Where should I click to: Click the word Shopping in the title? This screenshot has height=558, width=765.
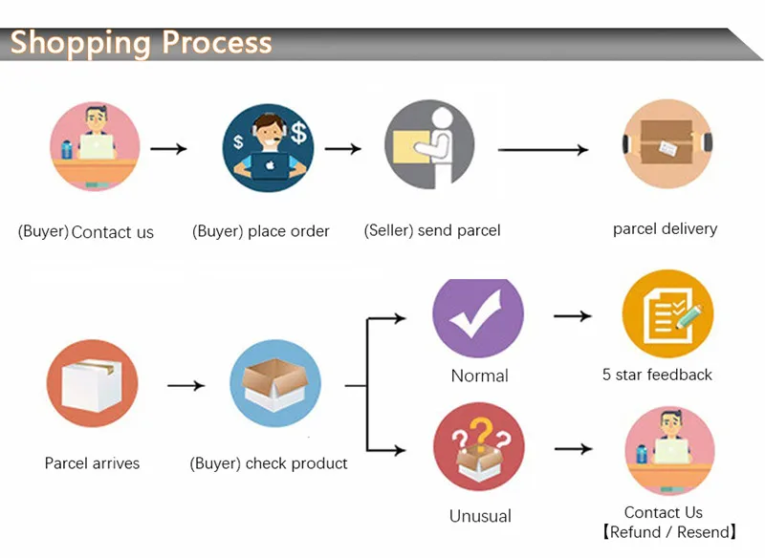click(80, 43)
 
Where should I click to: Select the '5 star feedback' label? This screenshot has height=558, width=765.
click(657, 375)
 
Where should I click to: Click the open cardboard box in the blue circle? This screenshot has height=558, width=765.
click(275, 383)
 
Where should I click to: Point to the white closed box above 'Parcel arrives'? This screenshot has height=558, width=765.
click(92, 385)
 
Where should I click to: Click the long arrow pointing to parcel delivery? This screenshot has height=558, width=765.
click(543, 150)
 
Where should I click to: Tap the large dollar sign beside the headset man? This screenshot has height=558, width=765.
click(298, 133)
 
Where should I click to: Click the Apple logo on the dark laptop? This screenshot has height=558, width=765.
click(270, 165)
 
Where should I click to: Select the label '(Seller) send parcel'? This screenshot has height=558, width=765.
click(432, 230)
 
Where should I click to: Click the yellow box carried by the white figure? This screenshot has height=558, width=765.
click(411, 147)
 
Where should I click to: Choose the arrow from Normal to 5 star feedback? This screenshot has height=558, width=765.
click(573, 316)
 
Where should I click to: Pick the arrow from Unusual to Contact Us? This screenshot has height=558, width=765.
click(574, 448)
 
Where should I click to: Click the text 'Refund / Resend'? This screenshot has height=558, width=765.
click(668, 531)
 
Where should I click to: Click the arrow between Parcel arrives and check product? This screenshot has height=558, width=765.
click(186, 385)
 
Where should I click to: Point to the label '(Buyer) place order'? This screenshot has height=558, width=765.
click(260, 231)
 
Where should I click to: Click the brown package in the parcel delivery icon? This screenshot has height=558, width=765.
click(667, 141)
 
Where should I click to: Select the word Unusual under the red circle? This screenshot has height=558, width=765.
click(480, 516)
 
